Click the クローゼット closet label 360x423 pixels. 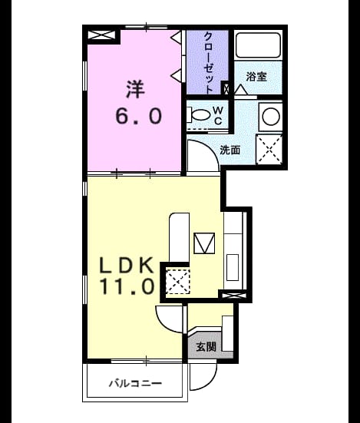click(x=209, y=63)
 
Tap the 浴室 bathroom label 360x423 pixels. click(x=256, y=77)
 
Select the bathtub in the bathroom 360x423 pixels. click(x=258, y=45)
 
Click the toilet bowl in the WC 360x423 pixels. click(x=200, y=115)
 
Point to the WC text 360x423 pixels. click(x=218, y=116)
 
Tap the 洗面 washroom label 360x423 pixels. click(x=230, y=150)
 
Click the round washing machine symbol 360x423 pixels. click(x=271, y=117)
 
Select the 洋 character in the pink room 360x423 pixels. click(x=135, y=89)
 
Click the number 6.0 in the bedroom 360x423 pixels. click(x=139, y=116)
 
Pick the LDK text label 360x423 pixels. click(x=127, y=265)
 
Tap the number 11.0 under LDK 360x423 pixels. click(x=127, y=286)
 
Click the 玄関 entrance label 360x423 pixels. click(x=206, y=347)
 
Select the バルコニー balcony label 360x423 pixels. click(x=135, y=383)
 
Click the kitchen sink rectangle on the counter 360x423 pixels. click(x=233, y=268)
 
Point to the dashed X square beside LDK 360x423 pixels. click(x=178, y=282)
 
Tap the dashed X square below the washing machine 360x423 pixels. click(x=269, y=150)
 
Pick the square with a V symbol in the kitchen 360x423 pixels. click(x=204, y=243)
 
